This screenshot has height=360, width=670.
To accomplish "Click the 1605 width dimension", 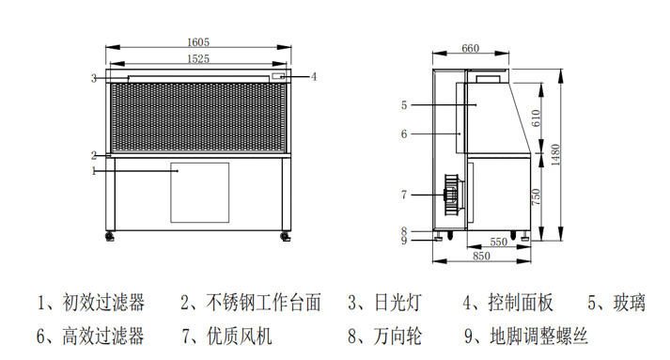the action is pos(198,42).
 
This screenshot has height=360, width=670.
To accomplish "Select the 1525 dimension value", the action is pos(198,58).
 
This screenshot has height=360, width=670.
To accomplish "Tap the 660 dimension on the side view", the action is pos(470,48).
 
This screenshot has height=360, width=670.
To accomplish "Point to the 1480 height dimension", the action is pos(555,155).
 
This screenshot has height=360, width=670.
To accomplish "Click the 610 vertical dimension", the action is pos(536,118).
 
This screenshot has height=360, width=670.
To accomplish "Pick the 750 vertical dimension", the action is pos(536,196).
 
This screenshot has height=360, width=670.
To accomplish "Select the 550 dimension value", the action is pos(498,242).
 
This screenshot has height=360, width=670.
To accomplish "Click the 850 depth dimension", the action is pos(481,256).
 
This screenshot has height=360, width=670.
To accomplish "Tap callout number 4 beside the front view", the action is pos(314,76).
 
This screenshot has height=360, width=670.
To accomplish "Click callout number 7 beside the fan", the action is pos(404,195).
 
